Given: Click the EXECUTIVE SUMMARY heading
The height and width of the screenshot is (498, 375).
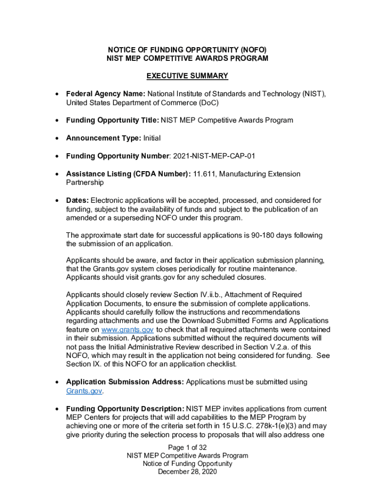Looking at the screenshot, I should click(x=187, y=76).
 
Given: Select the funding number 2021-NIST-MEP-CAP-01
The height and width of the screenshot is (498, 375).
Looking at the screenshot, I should click(x=214, y=156).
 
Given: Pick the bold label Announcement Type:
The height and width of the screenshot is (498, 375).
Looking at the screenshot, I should click(x=104, y=138).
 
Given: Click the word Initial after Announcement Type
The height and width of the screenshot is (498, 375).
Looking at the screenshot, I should click(x=152, y=138).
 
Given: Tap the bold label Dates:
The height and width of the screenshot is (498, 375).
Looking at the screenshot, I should click(x=77, y=200).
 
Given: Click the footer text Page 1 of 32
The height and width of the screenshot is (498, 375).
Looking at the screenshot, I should click(x=187, y=447).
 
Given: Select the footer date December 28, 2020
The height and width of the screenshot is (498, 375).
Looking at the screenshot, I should click(x=187, y=472).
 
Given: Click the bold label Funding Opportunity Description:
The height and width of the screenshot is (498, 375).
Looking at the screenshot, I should click(x=125, y=409).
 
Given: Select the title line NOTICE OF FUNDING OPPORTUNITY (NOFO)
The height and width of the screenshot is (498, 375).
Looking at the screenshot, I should click(x=187, y=50).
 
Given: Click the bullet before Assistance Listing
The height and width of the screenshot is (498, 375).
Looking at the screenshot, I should click(x=57, y=174).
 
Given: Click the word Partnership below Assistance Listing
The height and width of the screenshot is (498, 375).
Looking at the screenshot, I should click(x=84, y=182).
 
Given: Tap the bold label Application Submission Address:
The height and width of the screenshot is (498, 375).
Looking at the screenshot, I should click(x=125, y=382).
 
